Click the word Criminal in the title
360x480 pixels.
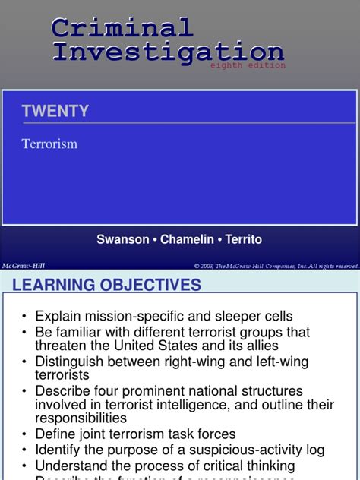tap(122, 28)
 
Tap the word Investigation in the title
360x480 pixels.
tap(167, 52)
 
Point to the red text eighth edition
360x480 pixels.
tap(248, 66)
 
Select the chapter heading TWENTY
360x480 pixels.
tap(55, 111)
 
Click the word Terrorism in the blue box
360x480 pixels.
tap(49, 144)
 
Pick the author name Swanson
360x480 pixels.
tap(123, 239)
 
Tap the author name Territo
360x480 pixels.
tap(243, 239)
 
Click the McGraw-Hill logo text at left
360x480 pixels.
tap(23, 266)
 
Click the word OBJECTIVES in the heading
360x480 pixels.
tap(151, 286)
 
